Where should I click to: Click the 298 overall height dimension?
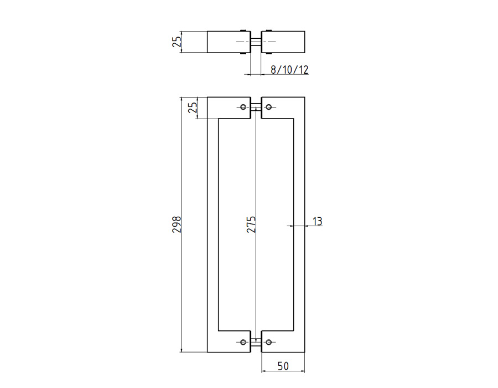(x=177, y=224)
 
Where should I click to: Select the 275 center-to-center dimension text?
(x=251, y=224)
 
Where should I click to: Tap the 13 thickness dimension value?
(x=317, y=221)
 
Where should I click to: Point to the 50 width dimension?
(x=283, y=366)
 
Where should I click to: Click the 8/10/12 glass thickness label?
(x=289, y=70)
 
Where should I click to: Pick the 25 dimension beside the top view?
(x=177, y=42)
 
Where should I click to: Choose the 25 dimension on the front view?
(x=193, y=108)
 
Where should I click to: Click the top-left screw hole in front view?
(x=243, y=107)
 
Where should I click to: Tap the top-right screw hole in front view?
(x=269, y=107)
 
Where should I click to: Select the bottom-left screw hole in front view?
(x=243, y=342)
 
